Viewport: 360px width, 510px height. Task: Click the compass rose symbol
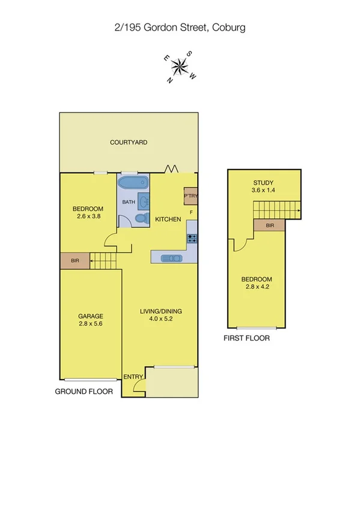[180, 66]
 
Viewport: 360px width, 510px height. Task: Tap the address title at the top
[180, 28]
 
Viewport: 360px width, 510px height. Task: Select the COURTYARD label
[129, 143]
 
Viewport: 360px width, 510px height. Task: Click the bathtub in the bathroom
[133, 183]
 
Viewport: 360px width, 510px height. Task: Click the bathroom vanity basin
[145, 201]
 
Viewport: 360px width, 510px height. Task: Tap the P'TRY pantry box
[191, 196]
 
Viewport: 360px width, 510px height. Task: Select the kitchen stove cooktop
[192, 238]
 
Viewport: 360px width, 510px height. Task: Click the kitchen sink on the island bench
[171, 258]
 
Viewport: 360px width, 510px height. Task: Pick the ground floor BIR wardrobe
[75, 261]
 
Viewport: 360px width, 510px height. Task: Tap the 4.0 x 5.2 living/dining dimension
[160, 319]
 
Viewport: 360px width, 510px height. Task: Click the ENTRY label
[133, 377]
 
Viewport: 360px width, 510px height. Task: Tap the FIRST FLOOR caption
[246, 338]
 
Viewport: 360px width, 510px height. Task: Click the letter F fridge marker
[191, 212]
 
